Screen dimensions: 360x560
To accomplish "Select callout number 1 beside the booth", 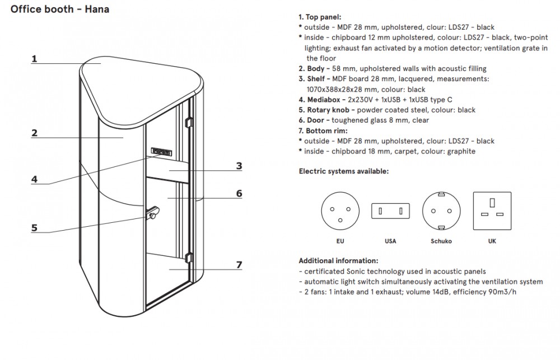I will [x=34, y=58].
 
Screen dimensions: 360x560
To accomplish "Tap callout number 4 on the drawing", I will [x=34, y=180].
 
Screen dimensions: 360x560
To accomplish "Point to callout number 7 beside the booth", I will [x=239, y=264].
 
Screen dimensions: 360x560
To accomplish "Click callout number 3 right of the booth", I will [x=239, y=166].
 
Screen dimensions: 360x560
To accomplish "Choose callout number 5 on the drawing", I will [x=34, y=228].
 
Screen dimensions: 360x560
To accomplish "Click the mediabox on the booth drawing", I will [x=162, y=151].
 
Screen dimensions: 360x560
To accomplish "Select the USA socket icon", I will [x=390, y=211].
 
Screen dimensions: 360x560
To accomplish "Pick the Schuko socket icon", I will [x=441, y=210].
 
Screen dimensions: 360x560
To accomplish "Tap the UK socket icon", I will [x=492, y=210].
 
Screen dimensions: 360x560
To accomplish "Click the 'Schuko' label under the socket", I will [x=441, y=241].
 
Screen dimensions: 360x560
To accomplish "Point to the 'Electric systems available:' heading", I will [x=343, y=171].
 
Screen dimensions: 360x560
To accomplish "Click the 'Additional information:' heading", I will [x=338, y=260].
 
